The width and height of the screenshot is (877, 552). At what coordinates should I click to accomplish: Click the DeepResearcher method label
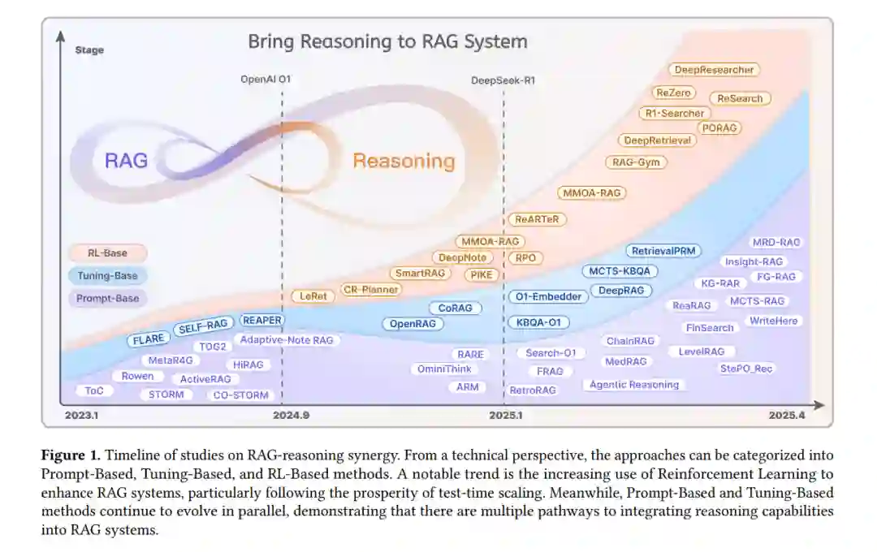[715, 70]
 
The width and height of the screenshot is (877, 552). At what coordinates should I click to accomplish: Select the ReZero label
[673, 93]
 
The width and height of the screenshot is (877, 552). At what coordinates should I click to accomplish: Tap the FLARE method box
[147, 339]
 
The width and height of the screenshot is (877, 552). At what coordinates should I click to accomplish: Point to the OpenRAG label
[413, 324]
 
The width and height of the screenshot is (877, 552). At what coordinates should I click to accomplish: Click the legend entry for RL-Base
[107, 253]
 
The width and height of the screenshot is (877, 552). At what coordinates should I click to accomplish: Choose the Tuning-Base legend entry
[107, 276]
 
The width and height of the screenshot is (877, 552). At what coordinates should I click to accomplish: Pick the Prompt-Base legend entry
[107, 299]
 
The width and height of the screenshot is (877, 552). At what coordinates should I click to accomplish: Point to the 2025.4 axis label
[787, 416]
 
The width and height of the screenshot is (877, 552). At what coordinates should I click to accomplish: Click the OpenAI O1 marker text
[265, 80]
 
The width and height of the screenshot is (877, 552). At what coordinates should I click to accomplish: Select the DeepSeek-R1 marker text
[503, 80]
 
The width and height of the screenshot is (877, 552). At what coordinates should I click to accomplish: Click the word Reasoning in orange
[404, 161]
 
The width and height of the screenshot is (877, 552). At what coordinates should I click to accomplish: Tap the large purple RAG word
[127, 160]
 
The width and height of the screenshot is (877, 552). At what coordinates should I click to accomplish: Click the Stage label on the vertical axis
[89, 50]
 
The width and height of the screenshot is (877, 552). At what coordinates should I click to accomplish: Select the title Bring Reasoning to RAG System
[387, 41]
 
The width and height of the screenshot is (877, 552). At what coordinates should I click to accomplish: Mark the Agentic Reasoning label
[634, 385]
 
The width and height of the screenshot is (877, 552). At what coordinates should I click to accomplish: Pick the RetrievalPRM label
[663, 252]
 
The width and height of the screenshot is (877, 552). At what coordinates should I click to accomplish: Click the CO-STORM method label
[240, 395]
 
